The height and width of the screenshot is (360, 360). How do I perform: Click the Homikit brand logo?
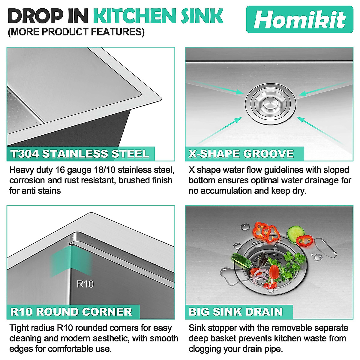[299, 19]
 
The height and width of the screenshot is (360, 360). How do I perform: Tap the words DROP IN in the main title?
[48, 16]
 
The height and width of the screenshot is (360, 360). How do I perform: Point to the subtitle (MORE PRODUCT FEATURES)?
[76, 32]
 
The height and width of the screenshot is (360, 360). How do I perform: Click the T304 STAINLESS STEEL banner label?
[80, 154]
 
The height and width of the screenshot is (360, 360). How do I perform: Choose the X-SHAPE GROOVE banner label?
[241, 154]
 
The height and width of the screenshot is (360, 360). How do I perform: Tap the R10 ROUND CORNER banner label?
[71, 312]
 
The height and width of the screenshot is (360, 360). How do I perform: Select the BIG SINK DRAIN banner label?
[236, 312]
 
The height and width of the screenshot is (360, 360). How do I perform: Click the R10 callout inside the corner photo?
[85, 284]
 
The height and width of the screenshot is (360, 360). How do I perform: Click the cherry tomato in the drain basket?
[274, 271]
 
